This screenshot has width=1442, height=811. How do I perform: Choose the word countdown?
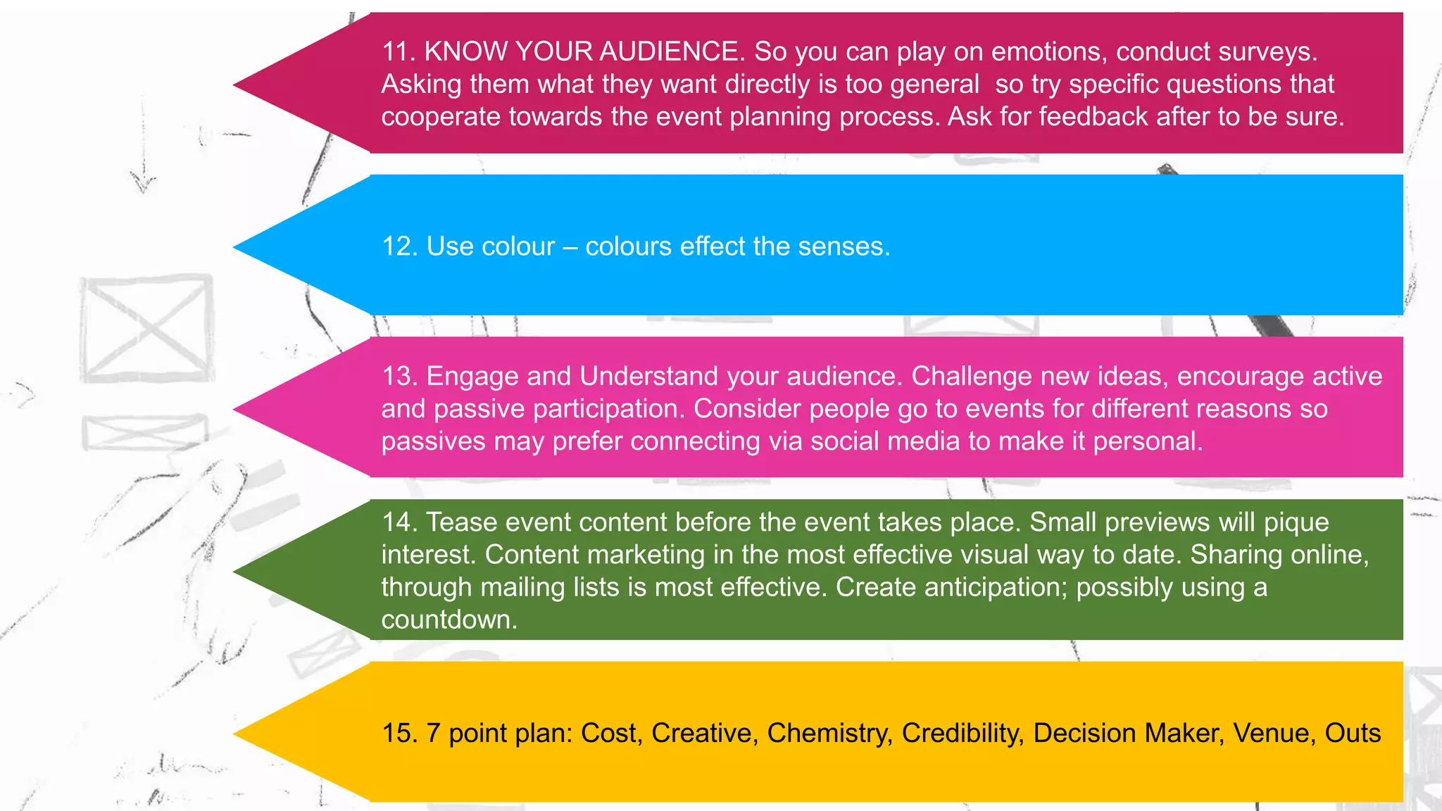click(449, 620)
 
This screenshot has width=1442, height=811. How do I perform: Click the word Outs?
click(1353, 733)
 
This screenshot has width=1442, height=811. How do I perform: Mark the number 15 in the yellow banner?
click(399, 733)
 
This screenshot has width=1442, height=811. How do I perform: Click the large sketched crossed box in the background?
click(146, 328)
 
